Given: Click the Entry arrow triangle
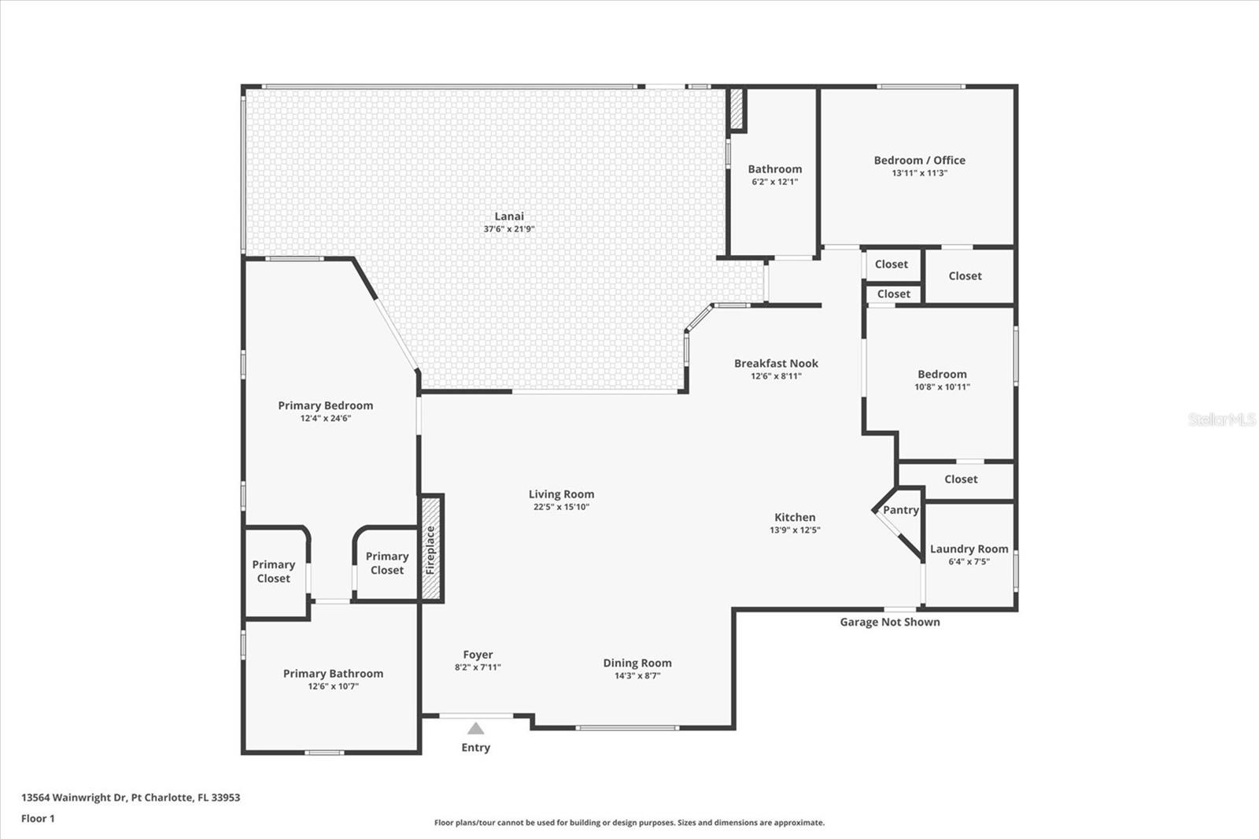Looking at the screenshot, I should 475,728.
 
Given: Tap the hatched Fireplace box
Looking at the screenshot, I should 430,549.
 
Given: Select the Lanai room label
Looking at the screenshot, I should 509,216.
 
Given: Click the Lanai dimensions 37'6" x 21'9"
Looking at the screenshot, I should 509,229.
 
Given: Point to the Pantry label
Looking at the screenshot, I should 900,510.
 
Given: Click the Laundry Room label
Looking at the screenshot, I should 969,549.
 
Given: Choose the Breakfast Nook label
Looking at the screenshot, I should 776,364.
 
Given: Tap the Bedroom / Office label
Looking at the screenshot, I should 919,161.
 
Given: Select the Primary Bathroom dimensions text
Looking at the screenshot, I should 333,686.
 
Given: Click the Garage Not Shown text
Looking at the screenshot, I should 889,622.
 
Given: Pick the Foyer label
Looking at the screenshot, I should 478,655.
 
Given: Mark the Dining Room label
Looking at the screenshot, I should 637,663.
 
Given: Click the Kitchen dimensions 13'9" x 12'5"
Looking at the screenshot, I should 795,530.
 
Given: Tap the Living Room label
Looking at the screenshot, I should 561,495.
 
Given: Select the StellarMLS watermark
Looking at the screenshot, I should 1221,419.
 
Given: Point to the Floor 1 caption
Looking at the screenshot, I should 38,819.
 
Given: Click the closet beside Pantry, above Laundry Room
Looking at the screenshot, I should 961,479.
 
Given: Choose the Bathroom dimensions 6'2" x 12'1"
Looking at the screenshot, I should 774,182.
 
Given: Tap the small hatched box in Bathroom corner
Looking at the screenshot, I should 737,109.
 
